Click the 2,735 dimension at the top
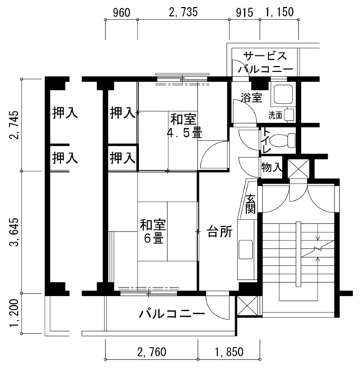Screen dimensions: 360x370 coord(184,12)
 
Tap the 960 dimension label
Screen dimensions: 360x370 coord(122,13)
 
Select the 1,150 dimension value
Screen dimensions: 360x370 coord(279,12)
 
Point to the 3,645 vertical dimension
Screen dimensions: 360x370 coord(14,233)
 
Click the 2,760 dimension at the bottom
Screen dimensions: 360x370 coord(152,352)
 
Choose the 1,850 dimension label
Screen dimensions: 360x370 coord(229,352)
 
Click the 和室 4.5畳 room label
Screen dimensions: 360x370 coord(184,126)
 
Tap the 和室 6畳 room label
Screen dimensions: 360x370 coord(153,231)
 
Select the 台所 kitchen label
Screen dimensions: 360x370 coord(220,232)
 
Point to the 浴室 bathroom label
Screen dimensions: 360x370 coord(251,98)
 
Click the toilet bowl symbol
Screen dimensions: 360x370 coord(282,140)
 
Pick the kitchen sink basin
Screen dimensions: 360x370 coord(246,249)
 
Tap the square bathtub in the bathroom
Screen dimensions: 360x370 coord(282,94)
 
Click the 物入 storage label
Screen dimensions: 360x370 coord(271,167)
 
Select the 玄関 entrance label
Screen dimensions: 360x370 coord(251,204)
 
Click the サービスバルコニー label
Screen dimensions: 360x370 coord(266,63)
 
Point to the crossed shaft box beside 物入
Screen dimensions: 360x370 coord(298,168)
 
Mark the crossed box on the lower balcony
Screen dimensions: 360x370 coord(247,305)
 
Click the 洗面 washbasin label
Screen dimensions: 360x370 coord(275,116)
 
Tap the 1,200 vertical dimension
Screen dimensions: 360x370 coord(14,313)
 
